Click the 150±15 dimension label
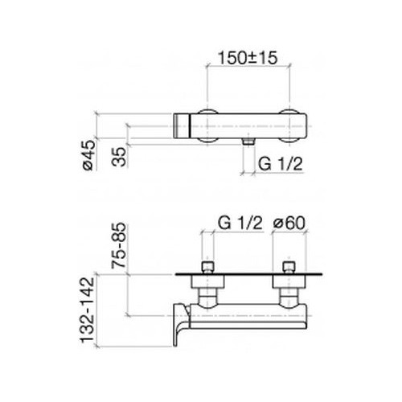(248, 58)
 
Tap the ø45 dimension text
(88, 155)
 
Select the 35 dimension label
(119, 157)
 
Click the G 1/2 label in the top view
(280, 164)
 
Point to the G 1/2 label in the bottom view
(240, 223)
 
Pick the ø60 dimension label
(289, 223)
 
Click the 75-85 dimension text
(119, 245)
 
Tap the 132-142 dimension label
(88, 310)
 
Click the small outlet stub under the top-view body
(248, 142)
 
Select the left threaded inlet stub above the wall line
(207, 268)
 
